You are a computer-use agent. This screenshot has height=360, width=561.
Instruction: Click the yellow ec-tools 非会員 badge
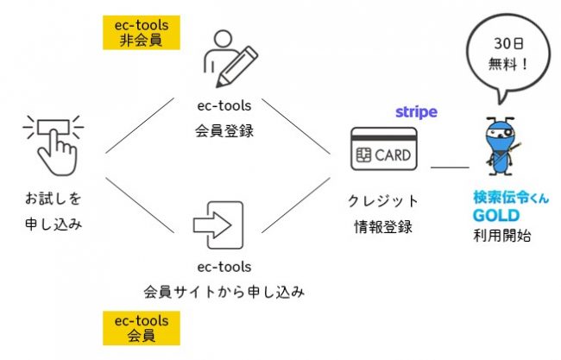[x=142, y=33]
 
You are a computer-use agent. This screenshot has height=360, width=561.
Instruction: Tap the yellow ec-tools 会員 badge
[x=142, y=328]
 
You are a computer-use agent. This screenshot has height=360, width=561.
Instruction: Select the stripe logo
[x=417, y=112]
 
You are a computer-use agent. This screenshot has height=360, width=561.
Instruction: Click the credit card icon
[x=384, y=148]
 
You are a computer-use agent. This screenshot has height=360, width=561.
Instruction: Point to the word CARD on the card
[x=393, y=155]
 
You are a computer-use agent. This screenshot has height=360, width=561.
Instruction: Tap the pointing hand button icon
[x=54, y=145]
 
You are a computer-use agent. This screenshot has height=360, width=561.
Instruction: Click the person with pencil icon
[x=230, y=59]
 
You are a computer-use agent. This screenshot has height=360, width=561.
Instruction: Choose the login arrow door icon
[x=218, y=225]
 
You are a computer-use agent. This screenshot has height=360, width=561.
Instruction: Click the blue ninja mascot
[x=501, y=146]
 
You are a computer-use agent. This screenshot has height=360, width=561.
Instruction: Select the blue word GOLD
[x=496, y=216]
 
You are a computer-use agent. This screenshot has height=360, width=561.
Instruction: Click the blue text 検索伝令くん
[x=511, y=198]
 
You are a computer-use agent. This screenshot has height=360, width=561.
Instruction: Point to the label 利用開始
[x=502, y=236]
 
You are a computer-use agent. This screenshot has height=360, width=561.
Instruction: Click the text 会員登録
[x=224, y=130]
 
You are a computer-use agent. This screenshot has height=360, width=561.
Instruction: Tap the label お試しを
[x=54, y=199]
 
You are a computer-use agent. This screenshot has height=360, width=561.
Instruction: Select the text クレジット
[x=383, y=201]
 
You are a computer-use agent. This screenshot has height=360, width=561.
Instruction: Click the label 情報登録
[x=383, y=226]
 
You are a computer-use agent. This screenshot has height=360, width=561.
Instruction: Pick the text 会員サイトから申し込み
[x=224, y=292]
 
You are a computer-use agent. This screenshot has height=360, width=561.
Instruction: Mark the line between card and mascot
[x=450, y=167]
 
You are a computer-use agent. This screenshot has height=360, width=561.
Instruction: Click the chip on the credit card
[x=363, y=155]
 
